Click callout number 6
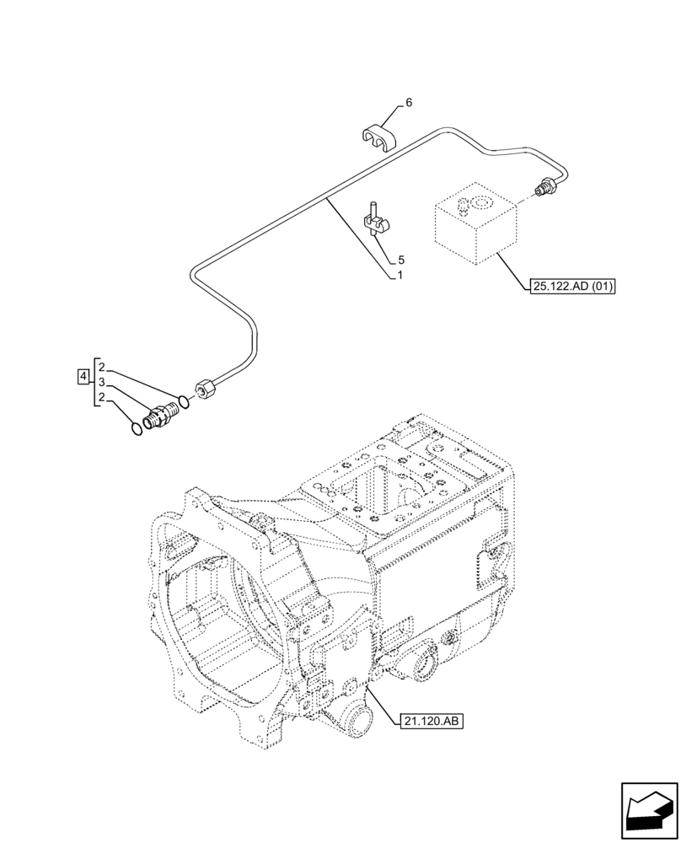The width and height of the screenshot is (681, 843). tap(409, 103)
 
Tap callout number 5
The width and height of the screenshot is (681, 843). tap(401, 260)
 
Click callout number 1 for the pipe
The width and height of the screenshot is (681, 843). tap(401, 276)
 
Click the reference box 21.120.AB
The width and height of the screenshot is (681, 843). tap(428, 721)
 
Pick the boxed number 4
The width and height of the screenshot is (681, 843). tap(83, 376)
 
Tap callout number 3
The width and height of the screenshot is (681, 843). tap(101, 383)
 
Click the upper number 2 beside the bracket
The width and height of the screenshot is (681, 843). tap(101, 368)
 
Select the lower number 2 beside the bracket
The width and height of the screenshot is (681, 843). tap(101, 398)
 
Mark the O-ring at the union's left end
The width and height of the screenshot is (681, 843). tap(138, 428)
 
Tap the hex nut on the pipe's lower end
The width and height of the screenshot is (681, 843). tap(205, 389)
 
